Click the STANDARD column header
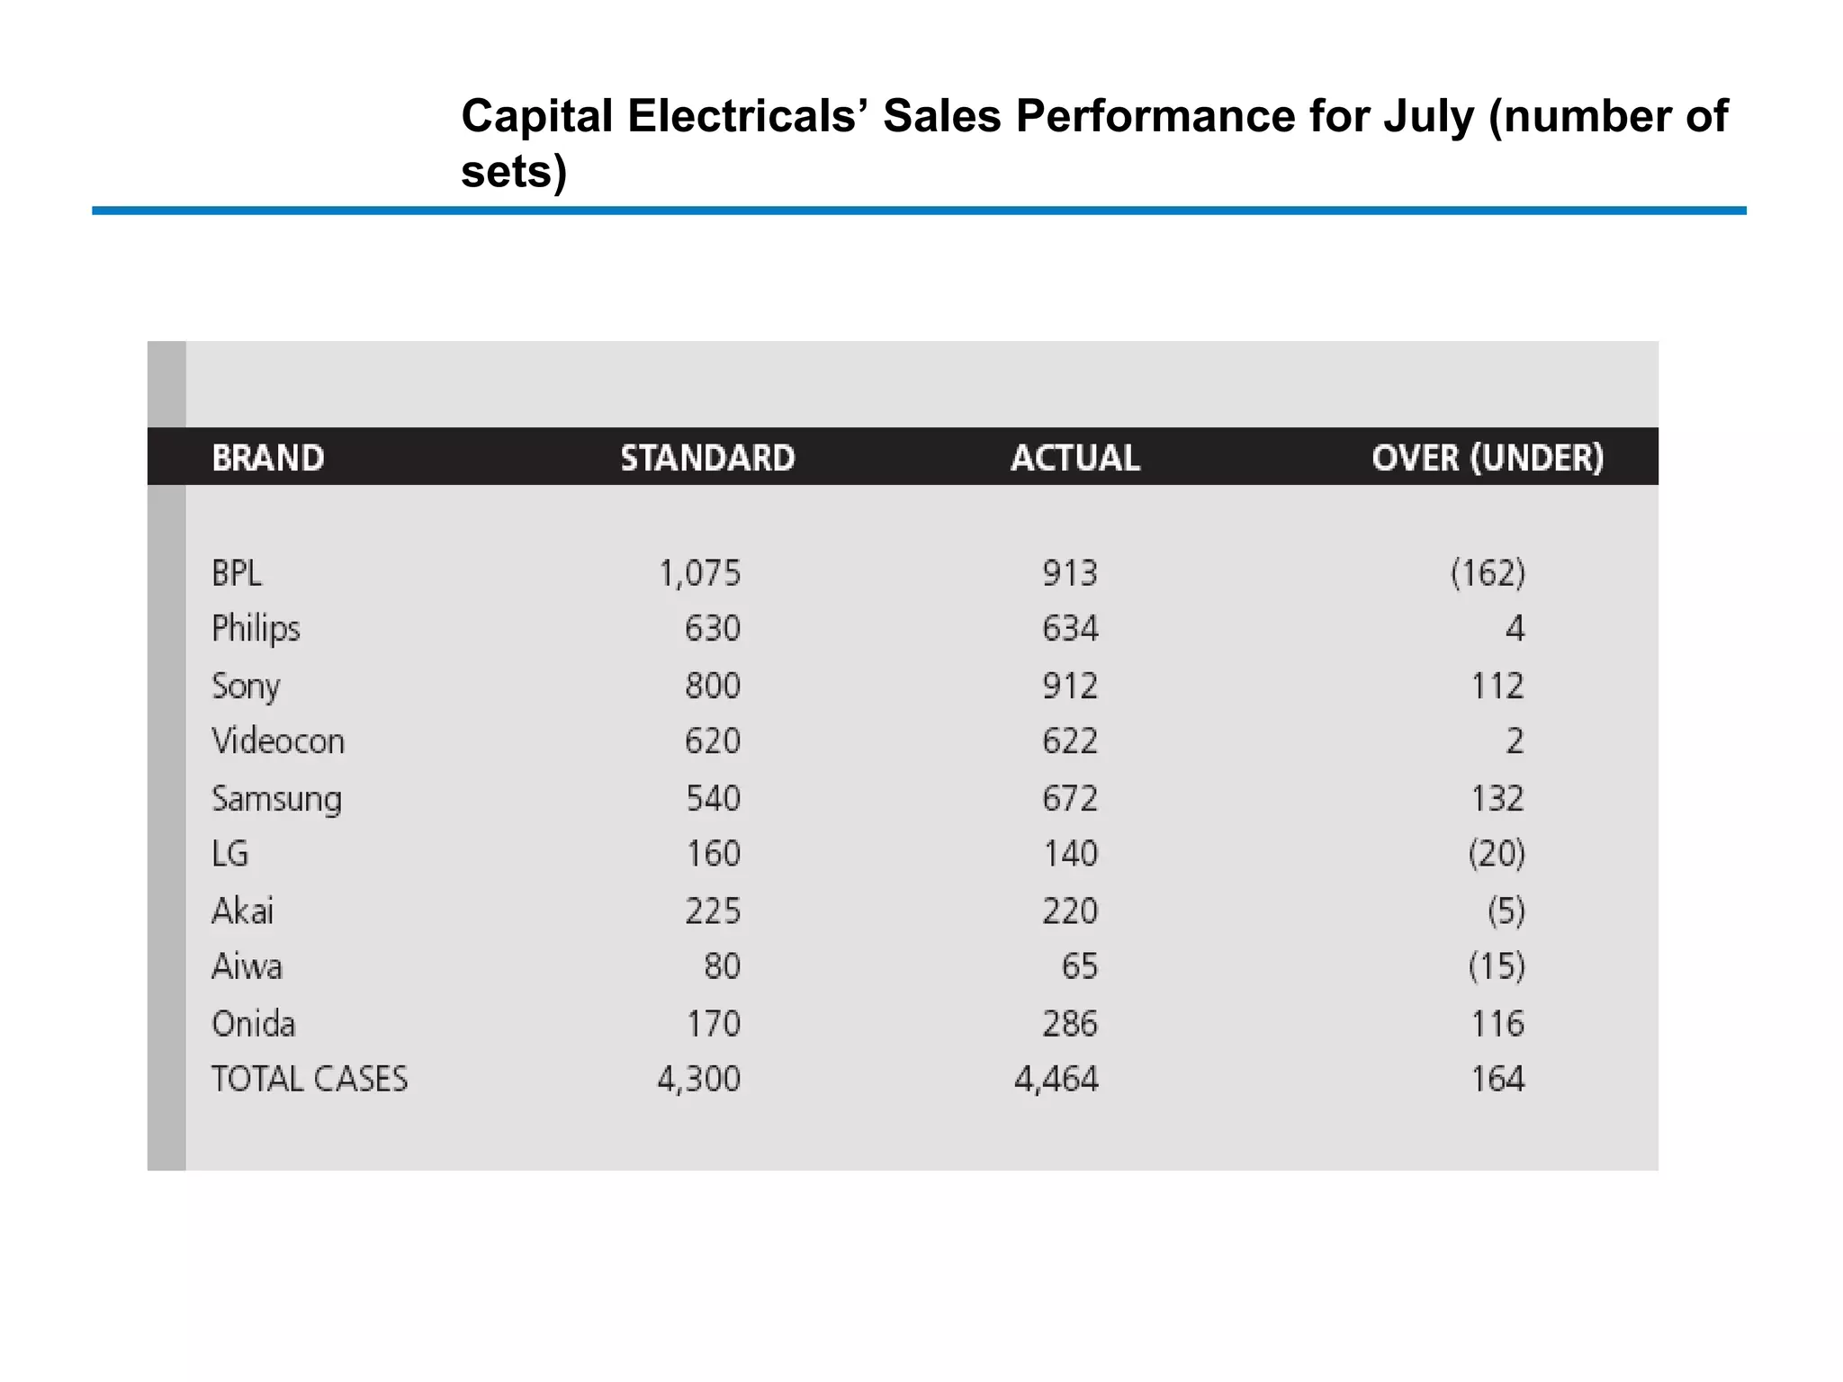pos(707,458)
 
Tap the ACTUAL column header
pos(1074,458)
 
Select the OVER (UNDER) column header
pos(1488,458)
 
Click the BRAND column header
pos(268,458)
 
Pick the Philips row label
pos(256,628)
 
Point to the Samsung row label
pos(276,799)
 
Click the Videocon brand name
pos(278,741)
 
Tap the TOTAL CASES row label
pos(310,1079)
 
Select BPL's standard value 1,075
pos(699,573)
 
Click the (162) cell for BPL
pos(1488,573)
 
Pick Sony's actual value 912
pos(1070,687)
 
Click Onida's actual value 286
pos(1070,1024)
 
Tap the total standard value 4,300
pos(698,1079)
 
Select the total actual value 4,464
pos(1056,1079)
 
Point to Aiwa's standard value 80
pos(722,966)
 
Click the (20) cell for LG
pos(1497,854)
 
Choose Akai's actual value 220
pos(1070,911)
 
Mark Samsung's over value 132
pos(1497,799)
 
